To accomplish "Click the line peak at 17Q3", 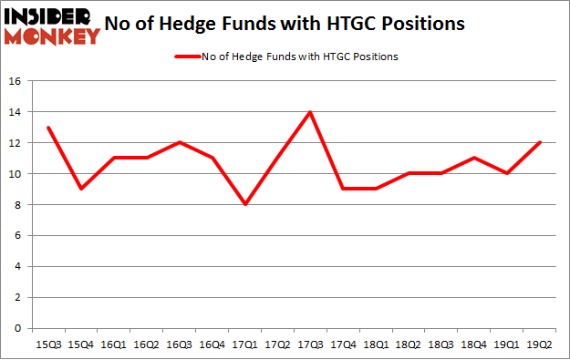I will pos(310,112).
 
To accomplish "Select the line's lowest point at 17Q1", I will pos(245,204).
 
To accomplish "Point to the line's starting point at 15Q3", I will pos(48,128).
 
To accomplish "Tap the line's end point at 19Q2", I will pos(540,143).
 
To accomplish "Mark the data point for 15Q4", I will pos(81,189).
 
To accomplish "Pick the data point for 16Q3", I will pos(180,143).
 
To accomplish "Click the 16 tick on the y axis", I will pos(16,81).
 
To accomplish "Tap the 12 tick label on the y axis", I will pos(16,143).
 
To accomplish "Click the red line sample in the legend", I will pos(186,57).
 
